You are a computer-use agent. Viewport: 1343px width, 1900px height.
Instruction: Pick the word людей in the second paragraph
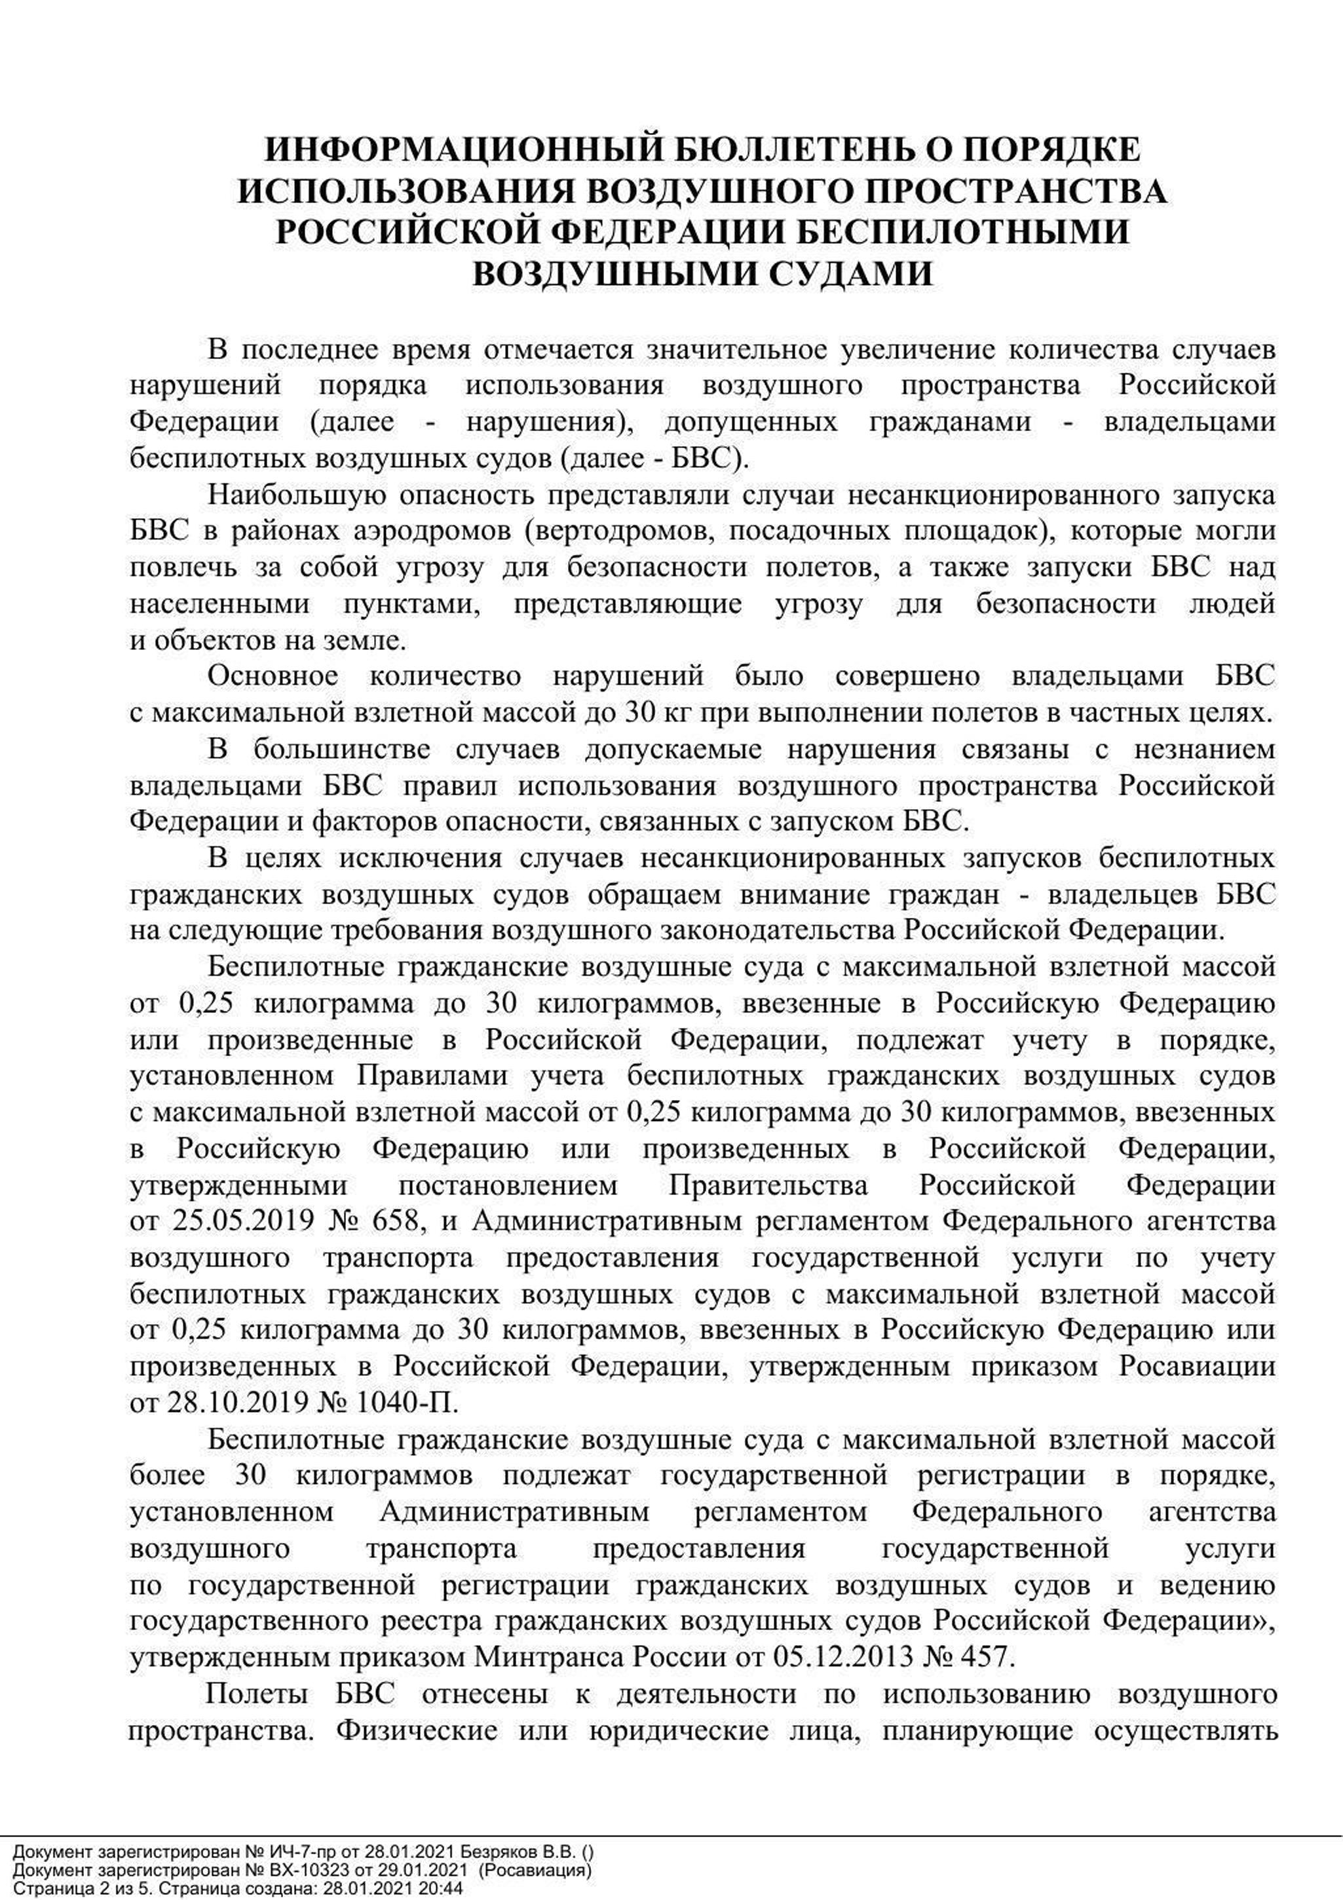tap(1232, 604)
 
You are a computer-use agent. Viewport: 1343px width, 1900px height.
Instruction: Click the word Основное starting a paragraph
tap(273, 676)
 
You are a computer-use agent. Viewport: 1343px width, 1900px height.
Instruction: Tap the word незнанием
tap(1204, 749)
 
